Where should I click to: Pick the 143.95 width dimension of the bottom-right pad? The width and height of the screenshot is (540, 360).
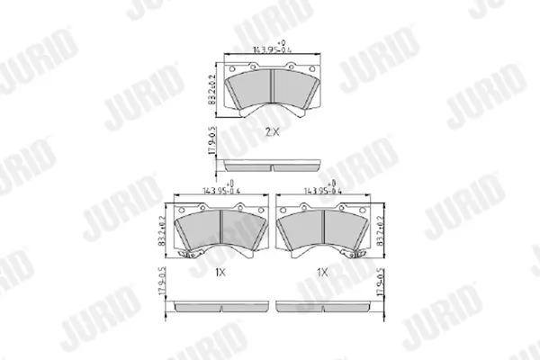point(323,191)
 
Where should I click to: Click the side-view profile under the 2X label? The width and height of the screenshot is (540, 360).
point(272,165)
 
